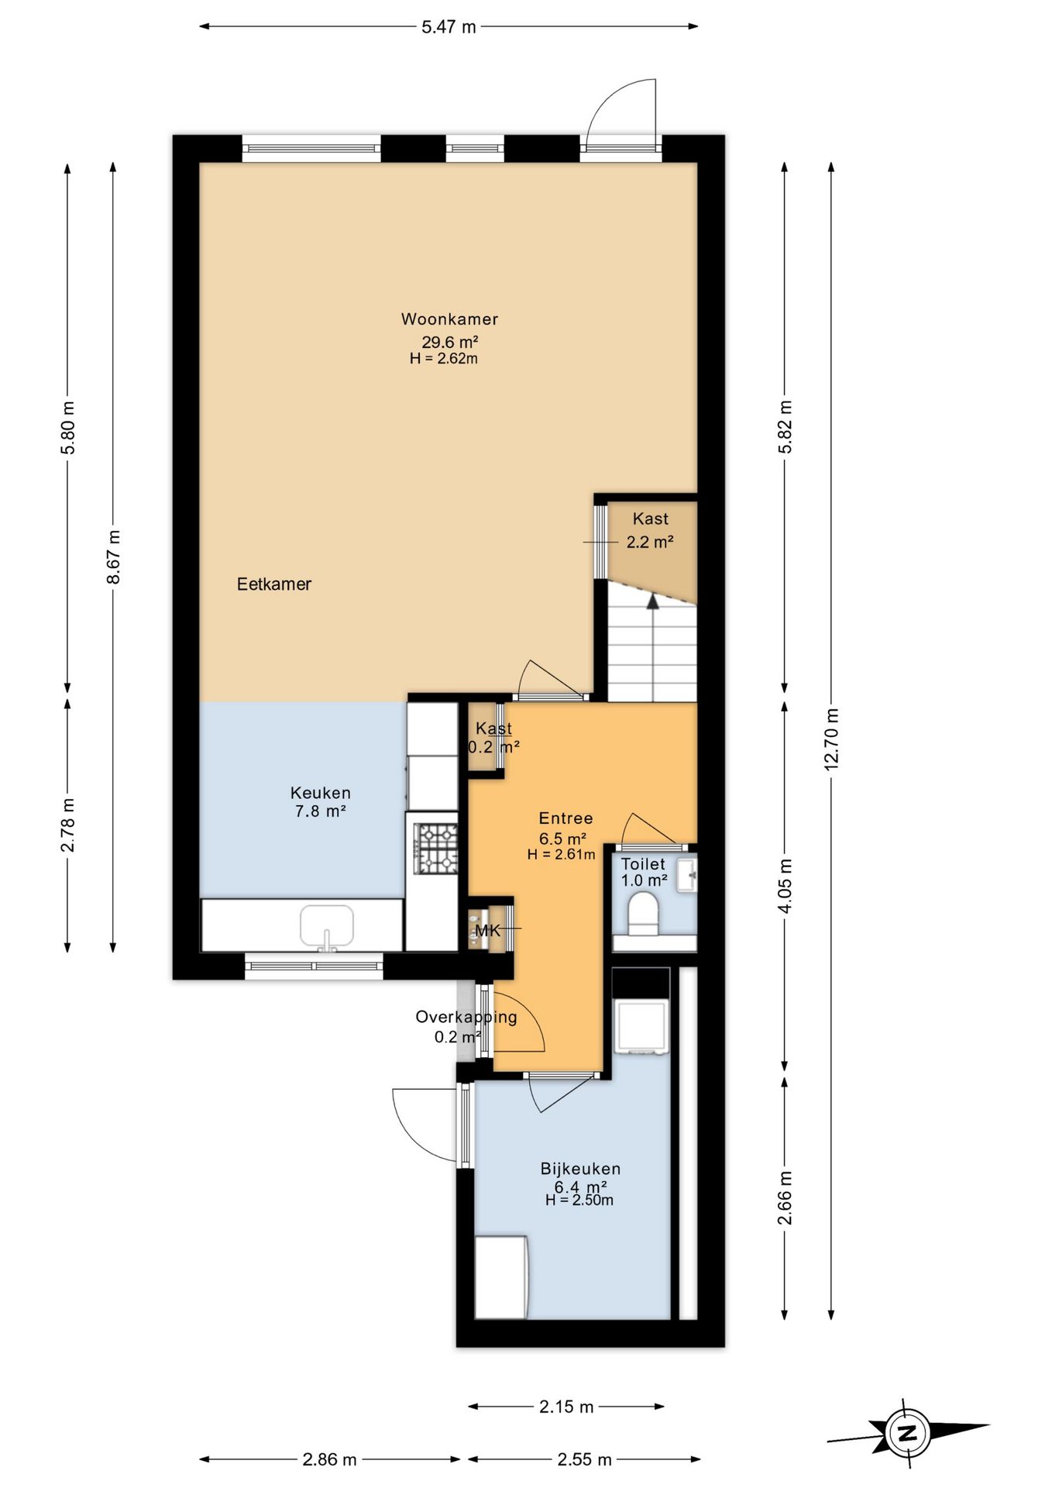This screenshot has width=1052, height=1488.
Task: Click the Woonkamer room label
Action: tap(449, 319)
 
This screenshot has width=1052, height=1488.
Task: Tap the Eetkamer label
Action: tap(274, 584)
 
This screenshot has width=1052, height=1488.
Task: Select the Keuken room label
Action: tap(321, 793)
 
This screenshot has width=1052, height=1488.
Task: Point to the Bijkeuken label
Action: tap(580, 1169)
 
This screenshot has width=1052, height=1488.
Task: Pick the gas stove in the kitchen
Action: tap(436, 849)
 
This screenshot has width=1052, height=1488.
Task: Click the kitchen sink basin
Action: tap(327, 925)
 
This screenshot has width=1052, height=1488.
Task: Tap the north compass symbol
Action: tap(907, 1433)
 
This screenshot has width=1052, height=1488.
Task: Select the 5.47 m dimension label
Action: tap(449, 27)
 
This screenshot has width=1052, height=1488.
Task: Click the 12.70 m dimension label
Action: tap(831, 739)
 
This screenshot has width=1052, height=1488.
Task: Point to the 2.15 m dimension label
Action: tap(566, 1407)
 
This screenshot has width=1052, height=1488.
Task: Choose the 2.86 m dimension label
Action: tap(329, 1460)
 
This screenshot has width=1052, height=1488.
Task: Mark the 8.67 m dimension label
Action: tap(114, 557)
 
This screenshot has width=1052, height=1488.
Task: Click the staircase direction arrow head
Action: tap(653, 600)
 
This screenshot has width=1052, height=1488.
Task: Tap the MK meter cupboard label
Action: tap(488, 931)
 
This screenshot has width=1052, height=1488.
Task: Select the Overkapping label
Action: tap(466, 1017)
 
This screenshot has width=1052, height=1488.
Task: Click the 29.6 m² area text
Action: tap(449, 342)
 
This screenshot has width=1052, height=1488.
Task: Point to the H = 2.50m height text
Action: tap(579, 1200)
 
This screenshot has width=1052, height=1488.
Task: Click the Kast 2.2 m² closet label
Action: tap(650, 531)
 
